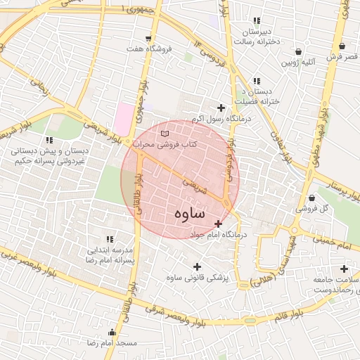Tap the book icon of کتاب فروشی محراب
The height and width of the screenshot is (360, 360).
(x=165, y=133)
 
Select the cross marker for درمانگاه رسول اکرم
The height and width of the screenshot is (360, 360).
(x=221, y=108)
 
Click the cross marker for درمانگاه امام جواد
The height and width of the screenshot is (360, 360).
(x=218, y=223)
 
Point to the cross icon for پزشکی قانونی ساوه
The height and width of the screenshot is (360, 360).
(x=196, y=266)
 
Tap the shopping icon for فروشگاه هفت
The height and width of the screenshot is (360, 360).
(x=148, y=38)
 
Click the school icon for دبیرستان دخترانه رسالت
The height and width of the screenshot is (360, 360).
(x=257, y=21)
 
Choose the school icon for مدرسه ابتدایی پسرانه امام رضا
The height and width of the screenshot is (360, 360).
(x=109, y=240)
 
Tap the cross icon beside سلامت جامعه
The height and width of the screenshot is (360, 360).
(x=343, y=269)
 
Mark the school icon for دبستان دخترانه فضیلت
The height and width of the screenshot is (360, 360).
(x=257, y=82)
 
